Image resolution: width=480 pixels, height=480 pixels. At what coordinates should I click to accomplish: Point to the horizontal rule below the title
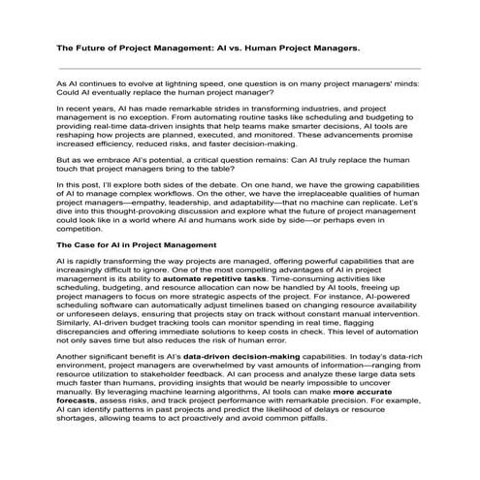coord(240,69)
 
